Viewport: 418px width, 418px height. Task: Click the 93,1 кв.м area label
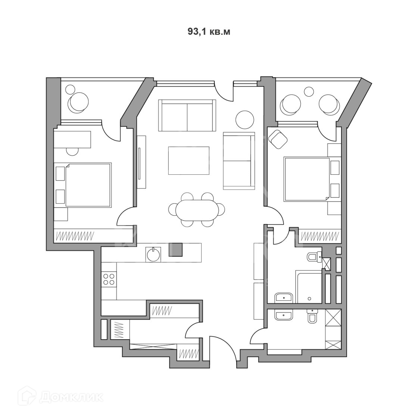pos(209,32)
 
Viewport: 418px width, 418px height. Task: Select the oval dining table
pos(196,210)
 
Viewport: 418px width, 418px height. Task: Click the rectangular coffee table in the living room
pos(189,160)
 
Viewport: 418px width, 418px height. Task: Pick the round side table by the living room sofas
pos(245,119)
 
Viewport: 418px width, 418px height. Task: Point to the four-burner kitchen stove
pos(109,280)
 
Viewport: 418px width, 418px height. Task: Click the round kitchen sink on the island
pos(153,255)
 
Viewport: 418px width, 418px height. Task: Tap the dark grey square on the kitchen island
pos(176,250)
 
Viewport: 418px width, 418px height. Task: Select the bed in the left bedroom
pos(88,184)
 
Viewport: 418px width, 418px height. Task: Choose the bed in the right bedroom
pos(307,179)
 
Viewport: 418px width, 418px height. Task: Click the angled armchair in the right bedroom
pos(278,139)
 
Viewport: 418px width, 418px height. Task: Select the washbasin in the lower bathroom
pos(284,316)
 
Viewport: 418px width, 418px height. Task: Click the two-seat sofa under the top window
pos(187,115)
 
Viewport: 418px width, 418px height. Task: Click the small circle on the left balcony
pos(70,90)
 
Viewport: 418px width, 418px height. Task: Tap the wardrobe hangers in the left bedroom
pos(75,236)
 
